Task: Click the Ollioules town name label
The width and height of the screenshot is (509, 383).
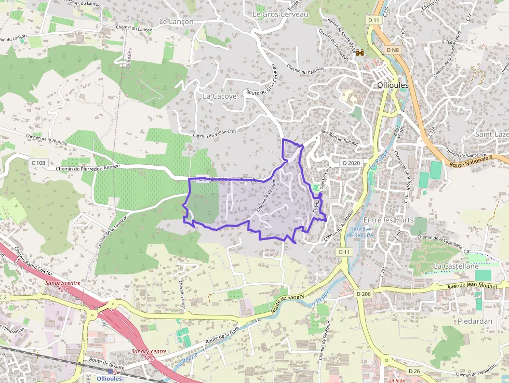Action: point(393,85)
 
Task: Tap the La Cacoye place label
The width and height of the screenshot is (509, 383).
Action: point(220,96)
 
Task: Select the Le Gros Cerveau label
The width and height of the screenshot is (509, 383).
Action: point(280,15)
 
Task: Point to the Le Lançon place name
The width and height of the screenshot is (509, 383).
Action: point(176,22)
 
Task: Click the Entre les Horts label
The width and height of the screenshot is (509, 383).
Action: point(389,220)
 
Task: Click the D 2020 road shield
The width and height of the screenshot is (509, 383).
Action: point(352,163)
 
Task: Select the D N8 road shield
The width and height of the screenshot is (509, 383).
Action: point(393,50)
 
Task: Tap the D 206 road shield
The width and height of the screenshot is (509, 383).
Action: point(364,294)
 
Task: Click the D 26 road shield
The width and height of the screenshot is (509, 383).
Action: point(414,371)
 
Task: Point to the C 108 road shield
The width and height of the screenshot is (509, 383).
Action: point(38,163)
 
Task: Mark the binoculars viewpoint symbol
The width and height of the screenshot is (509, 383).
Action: point(360,52)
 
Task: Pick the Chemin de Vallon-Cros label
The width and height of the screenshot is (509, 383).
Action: point(215,135)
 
